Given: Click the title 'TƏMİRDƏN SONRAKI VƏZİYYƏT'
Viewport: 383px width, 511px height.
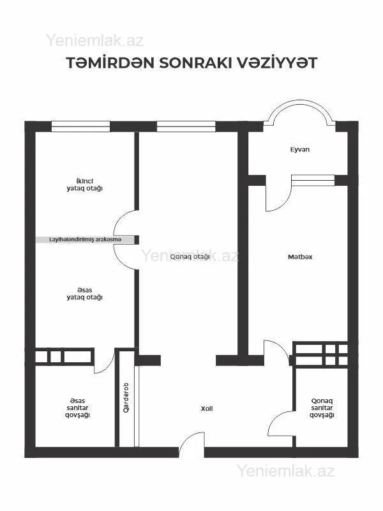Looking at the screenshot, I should point(191,64).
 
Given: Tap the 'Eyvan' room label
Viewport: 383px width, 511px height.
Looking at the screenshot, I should point(299,149).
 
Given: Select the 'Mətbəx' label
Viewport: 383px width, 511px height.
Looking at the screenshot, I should point(299,257).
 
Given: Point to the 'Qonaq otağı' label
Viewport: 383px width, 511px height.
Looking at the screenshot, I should point(190,257).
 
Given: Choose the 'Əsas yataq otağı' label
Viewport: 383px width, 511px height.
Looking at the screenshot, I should point(85,293).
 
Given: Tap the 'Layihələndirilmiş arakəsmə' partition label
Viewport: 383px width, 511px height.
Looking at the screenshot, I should point(85,240).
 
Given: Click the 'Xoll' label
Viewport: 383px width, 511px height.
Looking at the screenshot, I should point(206,408).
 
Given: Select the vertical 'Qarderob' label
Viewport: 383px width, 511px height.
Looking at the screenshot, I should point(126,397).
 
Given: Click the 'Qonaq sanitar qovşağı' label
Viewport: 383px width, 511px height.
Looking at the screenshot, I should point(322,408).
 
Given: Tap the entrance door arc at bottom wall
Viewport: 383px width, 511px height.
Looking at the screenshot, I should point(191,442).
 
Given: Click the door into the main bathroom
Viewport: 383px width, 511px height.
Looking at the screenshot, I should point(103,363).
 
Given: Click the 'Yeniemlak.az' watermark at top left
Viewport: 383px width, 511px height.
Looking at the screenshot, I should point(94,40).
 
